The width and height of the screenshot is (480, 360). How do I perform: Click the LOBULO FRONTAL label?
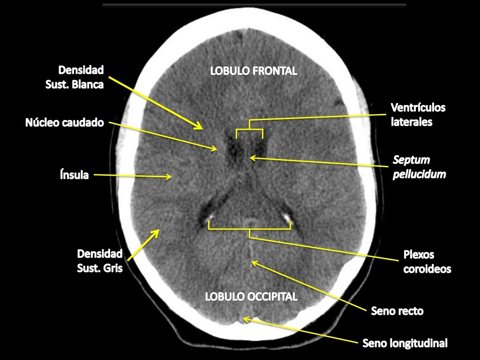pos(254,71)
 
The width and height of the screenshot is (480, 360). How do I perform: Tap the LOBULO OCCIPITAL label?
pos(251,296)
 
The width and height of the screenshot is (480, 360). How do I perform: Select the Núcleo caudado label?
pos(65,122)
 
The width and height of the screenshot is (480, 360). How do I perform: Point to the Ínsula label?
pos(75,175)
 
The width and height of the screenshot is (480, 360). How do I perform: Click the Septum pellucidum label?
pos(419,167)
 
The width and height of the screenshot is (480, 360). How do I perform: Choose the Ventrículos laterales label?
pos(418,114)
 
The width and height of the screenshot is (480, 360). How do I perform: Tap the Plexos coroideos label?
pos(427,262)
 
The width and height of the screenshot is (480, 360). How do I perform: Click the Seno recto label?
pos(397,311)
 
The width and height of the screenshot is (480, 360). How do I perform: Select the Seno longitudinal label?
pos(405,343)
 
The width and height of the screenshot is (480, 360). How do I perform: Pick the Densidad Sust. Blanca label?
pos(75,77)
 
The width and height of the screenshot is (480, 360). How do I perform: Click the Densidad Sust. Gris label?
pos(99,261)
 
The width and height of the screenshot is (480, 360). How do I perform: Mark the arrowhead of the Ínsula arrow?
pos(171,177)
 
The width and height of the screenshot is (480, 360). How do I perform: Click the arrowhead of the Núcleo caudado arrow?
pos(217,150)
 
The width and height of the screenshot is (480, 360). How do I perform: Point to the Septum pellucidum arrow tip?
pos(250,158)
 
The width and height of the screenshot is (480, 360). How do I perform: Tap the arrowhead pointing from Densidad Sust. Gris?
pos(158,230)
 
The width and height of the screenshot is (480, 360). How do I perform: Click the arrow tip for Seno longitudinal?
pos(243,319)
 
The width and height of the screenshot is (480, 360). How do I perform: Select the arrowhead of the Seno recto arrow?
pos(252,262)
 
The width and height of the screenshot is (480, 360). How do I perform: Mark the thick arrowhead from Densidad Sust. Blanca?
pos(202,128)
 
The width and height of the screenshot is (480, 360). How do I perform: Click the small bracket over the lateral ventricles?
pos(249,129)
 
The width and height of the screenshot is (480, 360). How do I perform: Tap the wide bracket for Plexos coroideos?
pos(249,229)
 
